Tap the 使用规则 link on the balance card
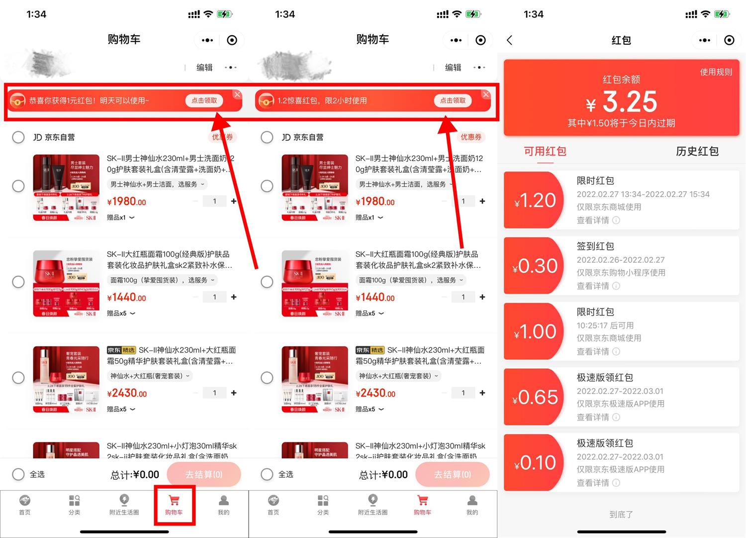[x=716, y=72]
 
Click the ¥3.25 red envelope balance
[x=622, y=102]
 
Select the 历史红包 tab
[x=697, y=151]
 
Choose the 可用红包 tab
[x=545, y=151]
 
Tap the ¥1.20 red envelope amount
[x=535, y=201]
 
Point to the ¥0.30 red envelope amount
[x=535, y=266]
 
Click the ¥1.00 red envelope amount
[x=535, y=332]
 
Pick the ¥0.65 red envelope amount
[x=535, y=398]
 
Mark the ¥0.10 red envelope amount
[x=535, y=463]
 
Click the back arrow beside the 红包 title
[x=509, y=40]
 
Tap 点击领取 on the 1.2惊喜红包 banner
[x=453, y=101]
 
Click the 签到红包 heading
[x=595, y=246]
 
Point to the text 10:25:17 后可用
[x=605, y=325]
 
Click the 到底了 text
[x=621, y=515]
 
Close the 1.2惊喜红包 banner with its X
[x=486, y=95]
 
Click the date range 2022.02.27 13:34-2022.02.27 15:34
[x=643, y=194]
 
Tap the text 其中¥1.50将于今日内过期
[x=621, y=123]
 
